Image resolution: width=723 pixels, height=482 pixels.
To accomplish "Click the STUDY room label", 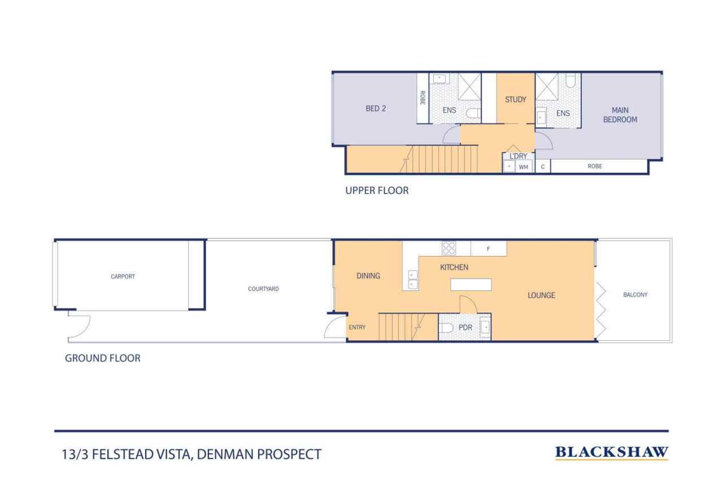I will point(515,99).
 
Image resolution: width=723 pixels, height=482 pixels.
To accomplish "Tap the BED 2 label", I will point(376,109).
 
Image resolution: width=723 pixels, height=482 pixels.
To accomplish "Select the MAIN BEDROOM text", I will point(620,115).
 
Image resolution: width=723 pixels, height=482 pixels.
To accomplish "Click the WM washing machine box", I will point(524,167).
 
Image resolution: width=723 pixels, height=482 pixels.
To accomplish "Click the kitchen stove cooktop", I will point(449,247).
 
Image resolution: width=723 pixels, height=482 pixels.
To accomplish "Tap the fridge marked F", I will point(488,249).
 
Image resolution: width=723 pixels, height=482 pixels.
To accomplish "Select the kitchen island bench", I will point(471,284).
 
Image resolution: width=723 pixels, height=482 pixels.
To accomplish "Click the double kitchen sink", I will point(413,280).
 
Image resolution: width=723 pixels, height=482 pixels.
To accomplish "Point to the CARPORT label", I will point(123,277).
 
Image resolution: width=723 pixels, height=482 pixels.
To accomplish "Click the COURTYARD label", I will point(263,289).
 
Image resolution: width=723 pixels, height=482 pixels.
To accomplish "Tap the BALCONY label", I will point(635,294).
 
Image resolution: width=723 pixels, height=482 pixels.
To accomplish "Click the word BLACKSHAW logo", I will point(612,452).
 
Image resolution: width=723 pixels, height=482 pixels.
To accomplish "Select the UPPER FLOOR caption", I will point(377,191).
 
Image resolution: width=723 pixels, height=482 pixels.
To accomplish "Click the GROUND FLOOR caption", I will point(103,358).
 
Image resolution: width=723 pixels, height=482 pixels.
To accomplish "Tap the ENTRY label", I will point(357,327).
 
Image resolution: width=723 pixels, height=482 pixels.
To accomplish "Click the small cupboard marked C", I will point(543,167).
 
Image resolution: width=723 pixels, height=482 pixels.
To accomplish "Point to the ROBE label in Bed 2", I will point(422,98).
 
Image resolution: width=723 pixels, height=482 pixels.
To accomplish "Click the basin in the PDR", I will point(485,327).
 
